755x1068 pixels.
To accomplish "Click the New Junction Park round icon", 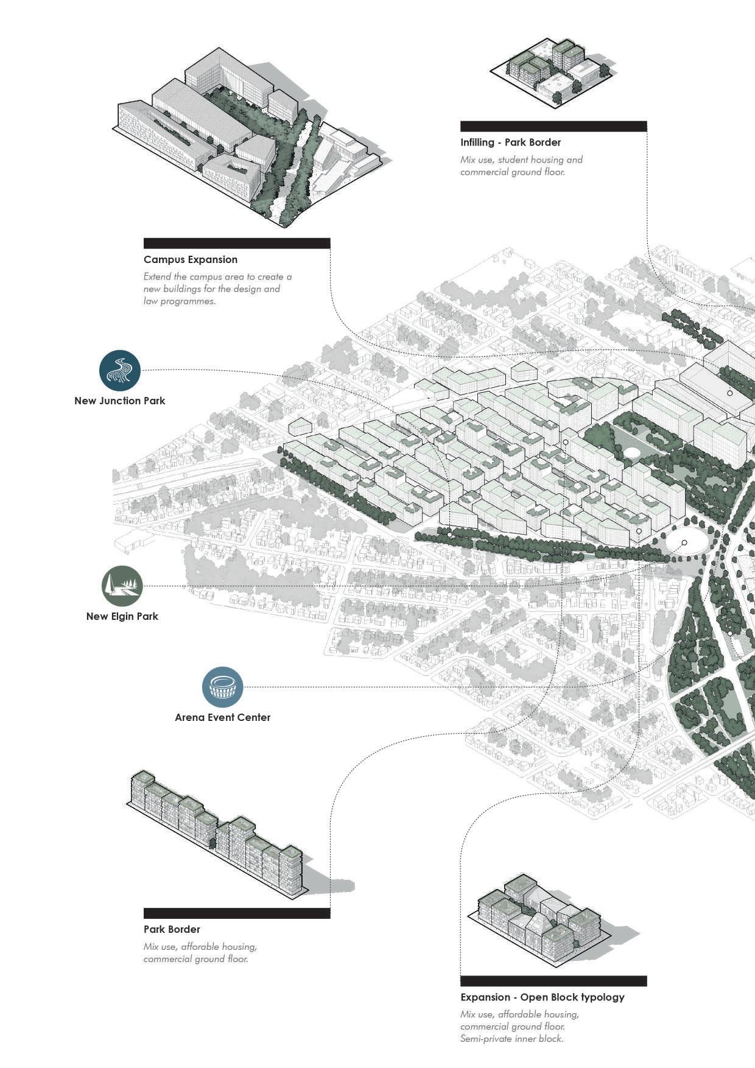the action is tap(120, 370).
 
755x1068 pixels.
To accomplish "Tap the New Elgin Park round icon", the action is tap(122, 586).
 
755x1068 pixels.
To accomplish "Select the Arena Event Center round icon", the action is tap(223, 687).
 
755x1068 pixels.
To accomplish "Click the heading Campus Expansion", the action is tap(191, 259).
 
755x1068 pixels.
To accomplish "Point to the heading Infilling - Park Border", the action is tap(510, 142).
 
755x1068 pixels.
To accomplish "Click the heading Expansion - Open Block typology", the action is tap(543, 997).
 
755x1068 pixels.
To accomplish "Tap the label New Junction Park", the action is tap(120, 401).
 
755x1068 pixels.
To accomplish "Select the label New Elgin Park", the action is tap(122, 616).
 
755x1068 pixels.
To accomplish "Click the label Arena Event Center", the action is tap(223, 717).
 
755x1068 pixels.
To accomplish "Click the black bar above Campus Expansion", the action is tap(237, 243).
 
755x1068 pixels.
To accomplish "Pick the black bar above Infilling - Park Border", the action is tap(553, 126).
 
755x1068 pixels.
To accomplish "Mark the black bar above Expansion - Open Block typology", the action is tap(553, 981).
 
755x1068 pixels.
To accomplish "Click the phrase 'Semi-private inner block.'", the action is tap(512, 1039).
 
